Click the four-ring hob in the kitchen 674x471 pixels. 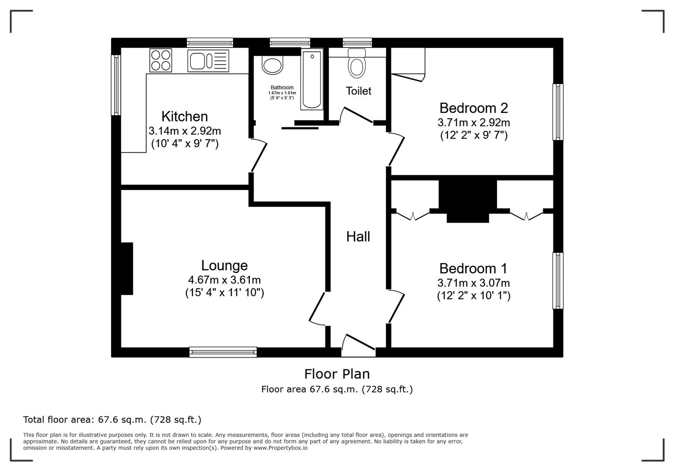click(161, 60)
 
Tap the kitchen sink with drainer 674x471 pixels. click(208, 60)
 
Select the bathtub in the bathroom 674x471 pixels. click(311, 79)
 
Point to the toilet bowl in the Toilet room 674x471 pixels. click(357, 65)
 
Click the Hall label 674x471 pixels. click(358, 237)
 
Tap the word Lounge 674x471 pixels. click(224, 266)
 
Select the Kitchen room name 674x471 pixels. click(185, 116)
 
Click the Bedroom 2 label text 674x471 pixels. click(474, 108)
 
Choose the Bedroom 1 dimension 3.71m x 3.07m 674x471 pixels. click(474, 283)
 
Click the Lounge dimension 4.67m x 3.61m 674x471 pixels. click(224, 280)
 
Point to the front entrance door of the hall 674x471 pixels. click(359, 343)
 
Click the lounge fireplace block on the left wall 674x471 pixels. click(127, 269)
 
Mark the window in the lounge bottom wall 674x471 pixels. click(223, 352)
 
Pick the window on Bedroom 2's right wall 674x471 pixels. click(558, 112)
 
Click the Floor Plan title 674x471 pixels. click(337, 374)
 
